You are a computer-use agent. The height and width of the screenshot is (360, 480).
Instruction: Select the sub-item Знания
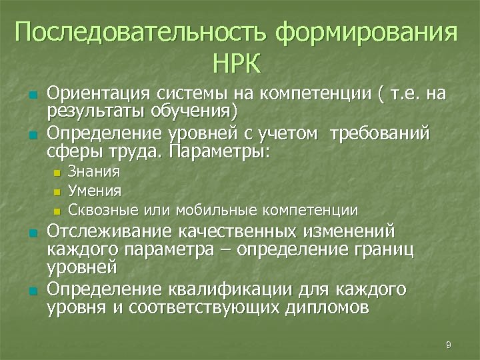[x=94, y=171]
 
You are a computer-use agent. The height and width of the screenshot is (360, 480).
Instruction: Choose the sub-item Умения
[x=95, y=191]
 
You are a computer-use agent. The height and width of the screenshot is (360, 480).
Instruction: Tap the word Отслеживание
[x=107, y=231]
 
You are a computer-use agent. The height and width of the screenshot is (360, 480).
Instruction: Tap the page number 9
[x=448, y=344]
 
